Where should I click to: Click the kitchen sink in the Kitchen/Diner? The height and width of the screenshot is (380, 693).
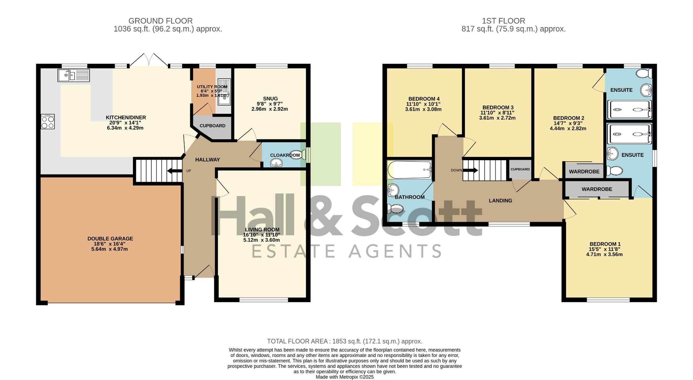(x=73, y=75)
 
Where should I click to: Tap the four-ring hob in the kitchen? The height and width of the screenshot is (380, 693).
(x=48, y=122)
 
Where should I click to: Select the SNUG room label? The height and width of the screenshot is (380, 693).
(x=270, y=99)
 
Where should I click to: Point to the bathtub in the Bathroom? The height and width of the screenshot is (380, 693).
(x=409, y=170)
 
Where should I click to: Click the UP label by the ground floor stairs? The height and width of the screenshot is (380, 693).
(x=188, y=171)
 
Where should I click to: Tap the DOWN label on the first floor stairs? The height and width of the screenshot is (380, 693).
(x=456, y=170)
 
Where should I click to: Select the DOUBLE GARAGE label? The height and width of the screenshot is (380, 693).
(x=110, y=239)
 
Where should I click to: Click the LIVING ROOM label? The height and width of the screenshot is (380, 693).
(x=262, y=230)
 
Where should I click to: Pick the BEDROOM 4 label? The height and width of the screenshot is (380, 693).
(x=424, y=99)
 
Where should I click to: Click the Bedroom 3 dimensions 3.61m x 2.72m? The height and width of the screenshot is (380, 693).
(x=497, y=118)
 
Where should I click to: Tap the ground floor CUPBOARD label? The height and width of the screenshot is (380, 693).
(x=213, y=126)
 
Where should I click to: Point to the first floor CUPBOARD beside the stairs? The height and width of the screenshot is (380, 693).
(x=520, y=169)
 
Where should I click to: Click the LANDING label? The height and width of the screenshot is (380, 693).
(x=500, y=201)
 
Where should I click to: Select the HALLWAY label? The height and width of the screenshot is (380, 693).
(x=207, y=159)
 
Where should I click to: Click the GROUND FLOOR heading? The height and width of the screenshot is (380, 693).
(x=160, y=21)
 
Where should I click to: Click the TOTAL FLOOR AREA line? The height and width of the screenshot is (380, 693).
(x=345, y=341)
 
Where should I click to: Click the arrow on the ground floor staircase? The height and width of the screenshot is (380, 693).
(x=175, y=171)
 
